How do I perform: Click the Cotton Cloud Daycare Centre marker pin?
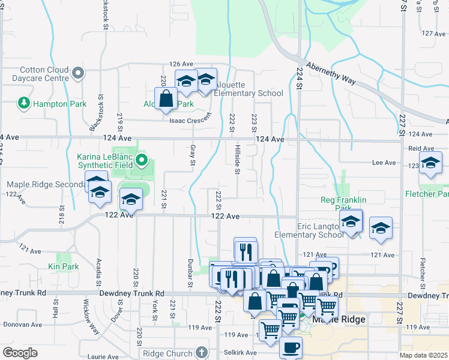[77, 74]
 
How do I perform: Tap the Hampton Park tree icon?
[23, 103]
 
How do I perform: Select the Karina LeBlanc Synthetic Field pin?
[142, 160]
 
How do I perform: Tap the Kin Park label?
[63, 266]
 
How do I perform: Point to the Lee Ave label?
[384, 163]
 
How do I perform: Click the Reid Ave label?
[421, 148]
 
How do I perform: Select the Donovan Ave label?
[22, 325]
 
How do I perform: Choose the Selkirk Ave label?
[239, 352]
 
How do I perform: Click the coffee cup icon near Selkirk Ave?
[291, 347]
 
